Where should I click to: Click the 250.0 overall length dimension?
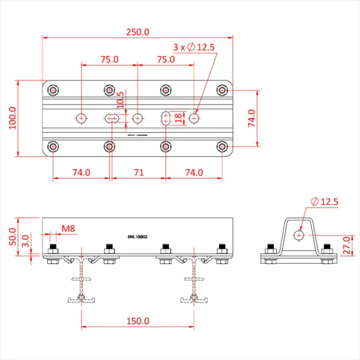pos(137,32)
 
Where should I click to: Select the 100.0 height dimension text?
pos(13,118)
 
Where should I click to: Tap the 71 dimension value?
pos(138,173)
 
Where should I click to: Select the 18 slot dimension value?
pos(178,118)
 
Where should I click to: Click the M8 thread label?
pos(69,228)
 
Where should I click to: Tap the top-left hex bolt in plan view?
pos(53,90)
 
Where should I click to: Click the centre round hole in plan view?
pos(138,118)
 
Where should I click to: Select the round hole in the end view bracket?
pos(299,234)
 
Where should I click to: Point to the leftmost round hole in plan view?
pos(82,118)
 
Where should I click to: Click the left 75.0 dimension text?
pos(109,59)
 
